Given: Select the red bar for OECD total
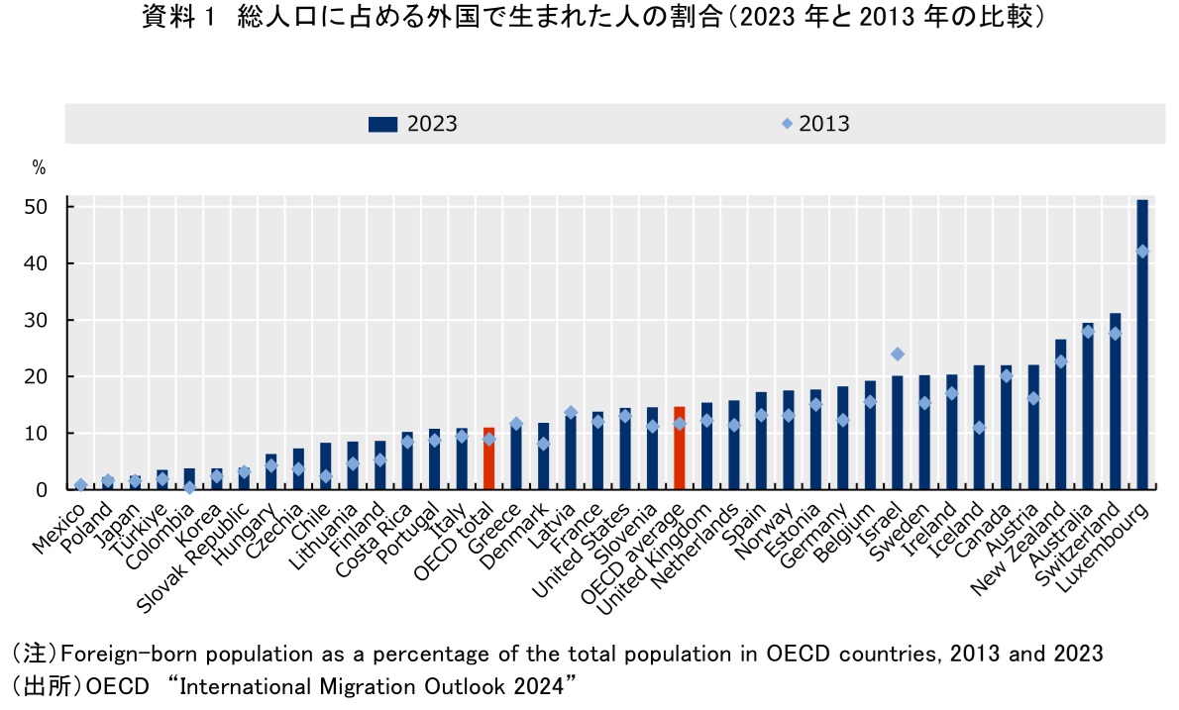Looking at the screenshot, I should [x=488, y=458].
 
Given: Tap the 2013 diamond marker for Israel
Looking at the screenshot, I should [x=898, y=354].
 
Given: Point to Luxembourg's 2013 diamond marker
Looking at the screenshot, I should [x=1142, y=252].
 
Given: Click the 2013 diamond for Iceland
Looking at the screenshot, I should [x=979, y=428].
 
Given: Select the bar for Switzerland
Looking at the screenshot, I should [x=1116, y=401].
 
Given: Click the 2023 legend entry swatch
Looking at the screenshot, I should [x=382, y=124].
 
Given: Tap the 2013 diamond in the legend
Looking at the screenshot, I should [x=787, y=124].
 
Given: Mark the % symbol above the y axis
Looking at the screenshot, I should [x=39, y=168].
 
